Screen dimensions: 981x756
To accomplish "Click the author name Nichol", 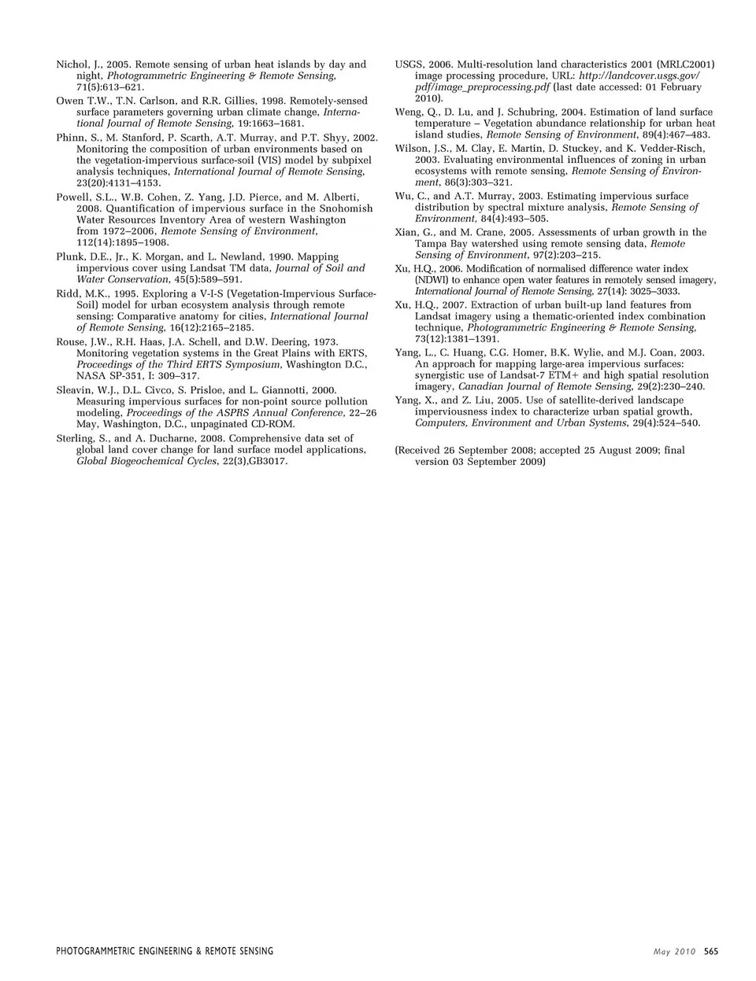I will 72,65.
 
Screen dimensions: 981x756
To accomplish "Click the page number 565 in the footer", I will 711,951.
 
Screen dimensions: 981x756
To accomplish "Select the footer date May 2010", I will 675,951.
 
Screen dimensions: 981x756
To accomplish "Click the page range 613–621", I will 118,87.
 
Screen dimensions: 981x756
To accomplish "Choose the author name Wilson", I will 411,149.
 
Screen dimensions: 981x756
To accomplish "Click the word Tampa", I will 431,244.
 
